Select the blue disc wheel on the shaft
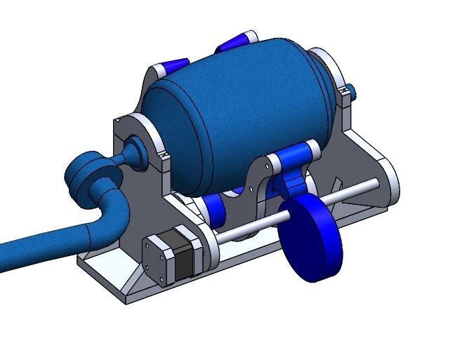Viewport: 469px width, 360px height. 312,239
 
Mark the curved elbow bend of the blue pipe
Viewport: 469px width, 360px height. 112,211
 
